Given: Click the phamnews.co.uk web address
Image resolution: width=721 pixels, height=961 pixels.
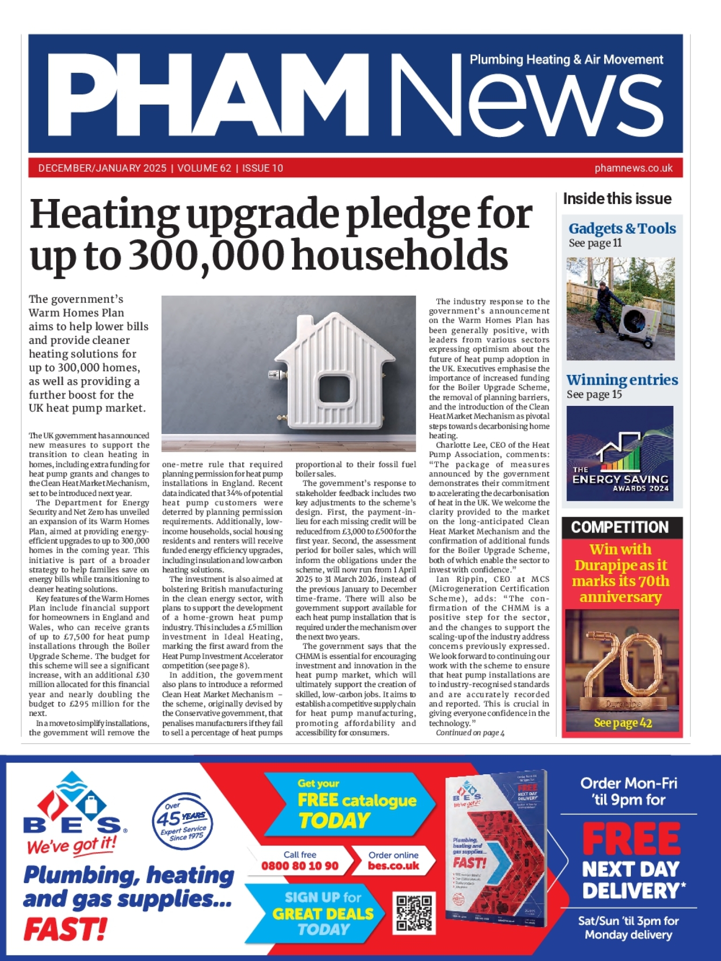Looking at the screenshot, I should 633,168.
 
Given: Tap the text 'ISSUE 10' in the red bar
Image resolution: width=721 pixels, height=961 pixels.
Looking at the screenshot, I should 262,168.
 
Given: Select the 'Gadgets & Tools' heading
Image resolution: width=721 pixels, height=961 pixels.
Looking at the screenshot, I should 622,229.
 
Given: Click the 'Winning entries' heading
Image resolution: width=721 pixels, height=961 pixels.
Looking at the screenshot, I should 622,380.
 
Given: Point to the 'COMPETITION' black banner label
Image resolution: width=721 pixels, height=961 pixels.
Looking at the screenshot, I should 620,527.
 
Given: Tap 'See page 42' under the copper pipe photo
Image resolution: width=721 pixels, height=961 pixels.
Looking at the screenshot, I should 623,723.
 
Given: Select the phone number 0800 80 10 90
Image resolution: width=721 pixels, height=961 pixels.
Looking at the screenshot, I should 299,866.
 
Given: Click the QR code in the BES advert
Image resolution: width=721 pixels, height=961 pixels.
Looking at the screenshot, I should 414,913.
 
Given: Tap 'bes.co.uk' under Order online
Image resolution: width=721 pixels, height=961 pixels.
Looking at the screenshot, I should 393,866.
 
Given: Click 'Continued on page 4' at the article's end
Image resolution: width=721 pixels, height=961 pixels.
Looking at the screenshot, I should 470,733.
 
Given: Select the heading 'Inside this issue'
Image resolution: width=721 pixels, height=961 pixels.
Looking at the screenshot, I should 617,199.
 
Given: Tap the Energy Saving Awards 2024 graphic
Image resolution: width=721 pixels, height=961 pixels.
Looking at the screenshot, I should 620,453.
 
